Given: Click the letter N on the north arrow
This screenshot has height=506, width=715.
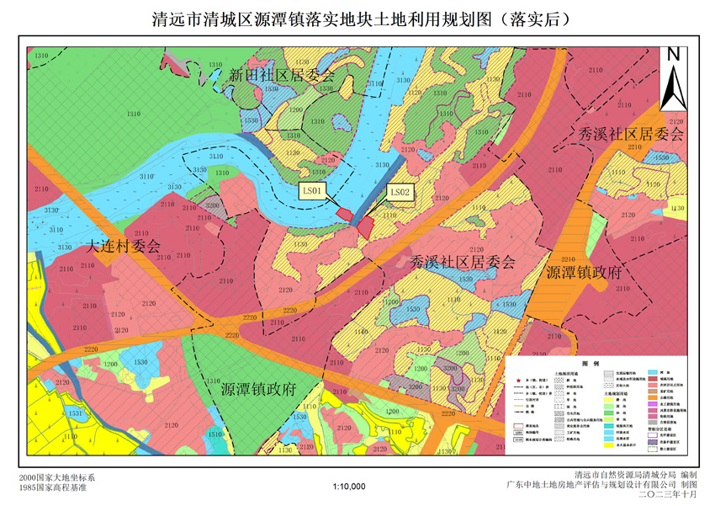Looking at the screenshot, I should pyautogui.click(x=673, y=55).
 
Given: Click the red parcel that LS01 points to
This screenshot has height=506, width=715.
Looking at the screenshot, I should pyautogui.click(x=345, y=214).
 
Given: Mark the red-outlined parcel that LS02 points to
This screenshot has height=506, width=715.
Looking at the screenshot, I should pyautogui.click(x=365, y=225).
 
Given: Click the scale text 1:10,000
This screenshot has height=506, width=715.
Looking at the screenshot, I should pyautogui.click(x=349, y=487).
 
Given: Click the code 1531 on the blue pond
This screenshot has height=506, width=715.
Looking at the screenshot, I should pyautogui.click(x=75, y=413).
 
